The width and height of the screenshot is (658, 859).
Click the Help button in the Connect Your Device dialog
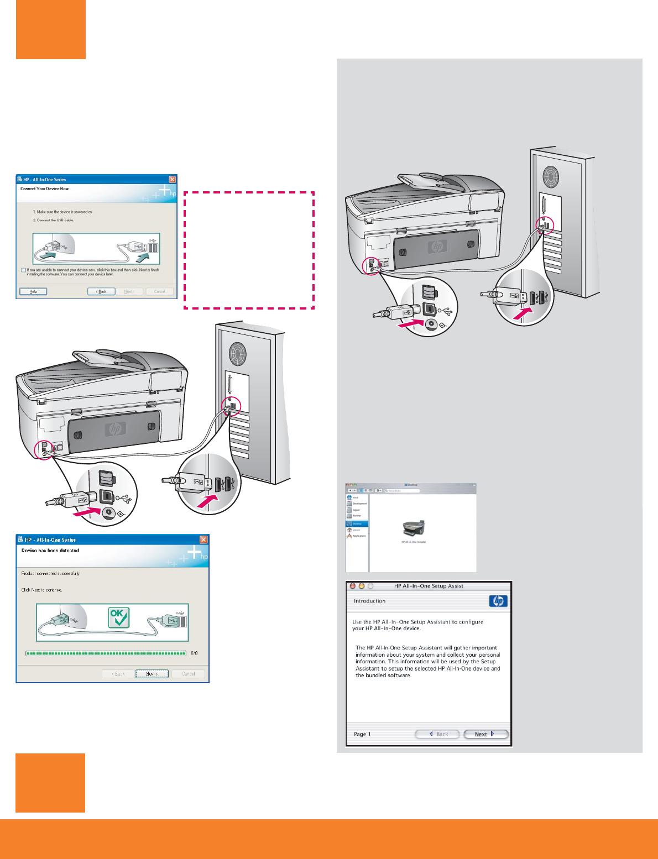33,291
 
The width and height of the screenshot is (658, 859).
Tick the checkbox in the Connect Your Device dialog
23,270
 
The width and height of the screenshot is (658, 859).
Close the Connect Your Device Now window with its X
172,180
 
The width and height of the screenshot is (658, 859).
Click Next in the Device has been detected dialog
152,674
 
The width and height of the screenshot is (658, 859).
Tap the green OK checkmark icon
119,617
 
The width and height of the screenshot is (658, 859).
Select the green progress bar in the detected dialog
106,653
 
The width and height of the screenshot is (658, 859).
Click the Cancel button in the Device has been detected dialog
188,674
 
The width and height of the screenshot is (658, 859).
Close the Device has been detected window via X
203,540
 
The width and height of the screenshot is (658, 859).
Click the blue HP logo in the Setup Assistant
498,601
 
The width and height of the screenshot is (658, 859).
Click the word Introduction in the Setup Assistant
369,601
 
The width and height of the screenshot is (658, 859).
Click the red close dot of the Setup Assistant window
352,586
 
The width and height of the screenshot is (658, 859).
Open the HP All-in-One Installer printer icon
414,528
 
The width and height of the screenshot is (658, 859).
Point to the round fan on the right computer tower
550,176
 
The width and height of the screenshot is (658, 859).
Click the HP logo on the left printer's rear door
116,429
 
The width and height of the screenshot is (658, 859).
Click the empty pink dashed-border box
249,250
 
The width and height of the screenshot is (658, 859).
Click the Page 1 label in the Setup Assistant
362,734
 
